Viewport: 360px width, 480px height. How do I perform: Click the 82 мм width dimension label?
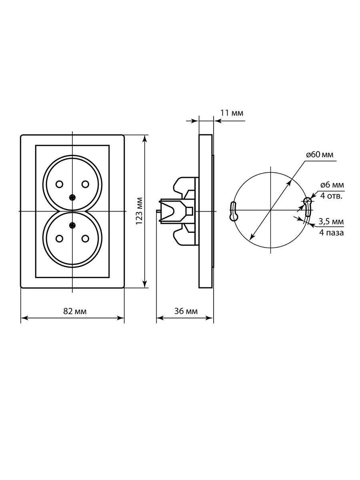point(75,311)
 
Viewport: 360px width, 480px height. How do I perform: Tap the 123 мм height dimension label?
point(139,211)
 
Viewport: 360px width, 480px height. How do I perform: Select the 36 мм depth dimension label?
point(186,311)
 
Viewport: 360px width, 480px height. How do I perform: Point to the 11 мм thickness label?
point(232,113)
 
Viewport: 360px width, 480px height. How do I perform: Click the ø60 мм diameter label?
point(320,155)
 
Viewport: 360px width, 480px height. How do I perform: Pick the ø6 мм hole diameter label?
point(332,185)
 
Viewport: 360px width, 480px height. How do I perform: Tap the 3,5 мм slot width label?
point(331,222)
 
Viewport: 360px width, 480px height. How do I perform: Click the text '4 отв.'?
point(331,196)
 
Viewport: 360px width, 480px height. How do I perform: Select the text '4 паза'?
point(331,233)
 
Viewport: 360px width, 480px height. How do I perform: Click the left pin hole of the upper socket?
point(59,184)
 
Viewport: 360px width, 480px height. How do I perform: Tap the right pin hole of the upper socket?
point(85,184)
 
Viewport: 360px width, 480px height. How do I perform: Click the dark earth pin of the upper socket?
point(72,198)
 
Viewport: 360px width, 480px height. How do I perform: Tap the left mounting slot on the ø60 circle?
point(233,211)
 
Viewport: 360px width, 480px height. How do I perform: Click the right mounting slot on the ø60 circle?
point(307,207)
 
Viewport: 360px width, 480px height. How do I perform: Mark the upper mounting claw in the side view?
point(184,186)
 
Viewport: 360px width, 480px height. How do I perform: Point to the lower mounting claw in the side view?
point(184,235)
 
